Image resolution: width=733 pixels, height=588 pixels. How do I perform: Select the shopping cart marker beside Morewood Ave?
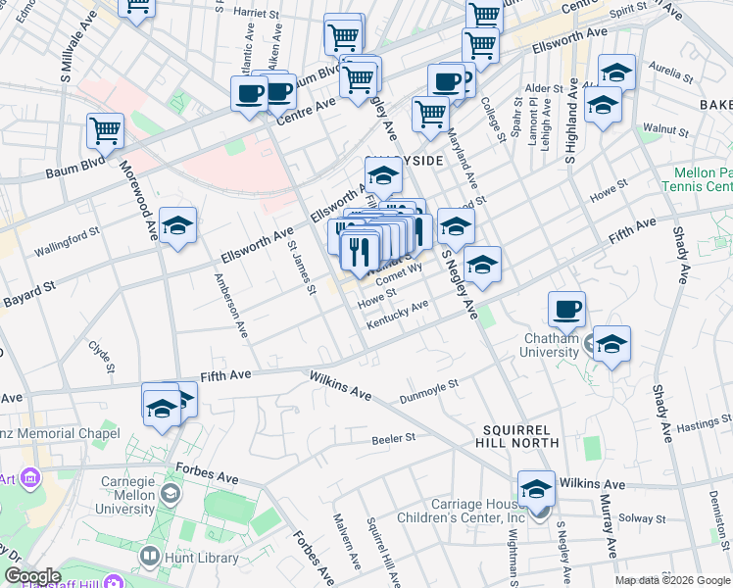click(x=105, y=131)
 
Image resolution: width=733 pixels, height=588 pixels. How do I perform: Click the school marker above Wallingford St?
click(x=177, y=225)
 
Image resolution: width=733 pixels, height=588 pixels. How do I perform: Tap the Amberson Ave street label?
click(x=232, y=307)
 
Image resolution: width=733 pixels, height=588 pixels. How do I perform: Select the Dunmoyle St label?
click(x=429, y=392)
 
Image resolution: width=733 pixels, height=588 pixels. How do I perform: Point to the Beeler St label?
click(x=395, y=439)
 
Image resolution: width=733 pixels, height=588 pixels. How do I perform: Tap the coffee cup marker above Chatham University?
click(x=566, y=310)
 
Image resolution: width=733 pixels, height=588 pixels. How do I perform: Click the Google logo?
click(x=32, y=576)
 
